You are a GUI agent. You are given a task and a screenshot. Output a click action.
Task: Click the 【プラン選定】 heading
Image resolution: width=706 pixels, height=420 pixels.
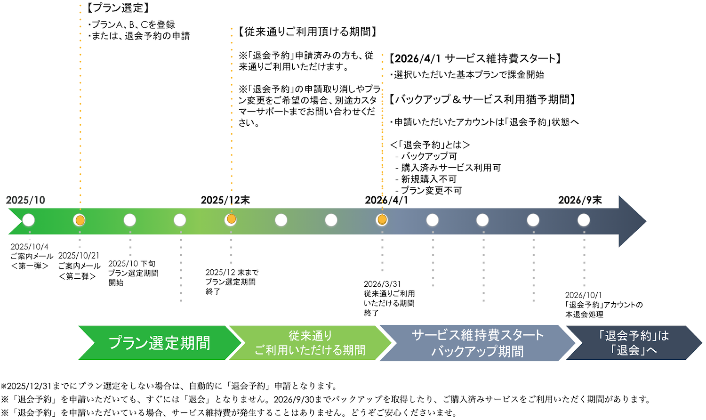click(x=118, y=8)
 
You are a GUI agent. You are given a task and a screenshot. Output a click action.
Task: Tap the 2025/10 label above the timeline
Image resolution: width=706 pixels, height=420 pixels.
click(x=25, y=200)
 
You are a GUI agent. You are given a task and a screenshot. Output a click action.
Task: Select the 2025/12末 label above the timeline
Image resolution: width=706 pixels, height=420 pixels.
click(x=225, y=200)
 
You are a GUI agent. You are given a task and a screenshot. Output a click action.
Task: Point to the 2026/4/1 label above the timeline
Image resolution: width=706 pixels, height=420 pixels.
click(x=386, y=200)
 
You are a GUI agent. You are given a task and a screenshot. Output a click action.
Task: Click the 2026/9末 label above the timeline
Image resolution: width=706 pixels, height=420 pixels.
click(x=580, y=200)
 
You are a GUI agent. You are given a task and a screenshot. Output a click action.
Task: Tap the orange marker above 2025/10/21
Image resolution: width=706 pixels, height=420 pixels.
click(x=80, y=220)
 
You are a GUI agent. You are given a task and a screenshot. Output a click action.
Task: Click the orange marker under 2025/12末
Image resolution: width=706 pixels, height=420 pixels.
click(x=231, y=219)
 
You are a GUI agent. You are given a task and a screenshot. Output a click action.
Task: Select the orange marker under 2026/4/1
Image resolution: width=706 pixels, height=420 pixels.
click(x=382, y=219)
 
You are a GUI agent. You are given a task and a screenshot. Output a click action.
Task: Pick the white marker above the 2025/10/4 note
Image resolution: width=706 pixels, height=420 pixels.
click(x=29, y=220)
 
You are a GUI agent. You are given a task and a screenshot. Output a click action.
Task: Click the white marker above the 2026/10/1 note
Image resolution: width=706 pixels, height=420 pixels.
click(x=584, y=220)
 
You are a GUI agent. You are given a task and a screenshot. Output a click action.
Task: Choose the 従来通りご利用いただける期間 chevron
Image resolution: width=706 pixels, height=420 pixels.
click(x=310, y=343)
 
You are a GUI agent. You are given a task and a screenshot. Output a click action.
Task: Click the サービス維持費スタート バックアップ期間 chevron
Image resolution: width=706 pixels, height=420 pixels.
click(x=477, y=343)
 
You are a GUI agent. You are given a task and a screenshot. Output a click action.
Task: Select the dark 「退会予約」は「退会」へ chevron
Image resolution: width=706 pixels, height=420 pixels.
click(x=633, y=343)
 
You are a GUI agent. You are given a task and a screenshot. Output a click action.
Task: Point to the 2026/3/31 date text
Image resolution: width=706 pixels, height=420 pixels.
click(x=382, y=284)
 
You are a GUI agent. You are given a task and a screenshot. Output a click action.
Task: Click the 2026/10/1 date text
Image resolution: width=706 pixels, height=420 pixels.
click(x=583, y=295)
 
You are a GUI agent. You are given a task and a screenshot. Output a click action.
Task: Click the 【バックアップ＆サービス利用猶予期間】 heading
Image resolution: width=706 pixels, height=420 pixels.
click(x=483, y=99)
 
